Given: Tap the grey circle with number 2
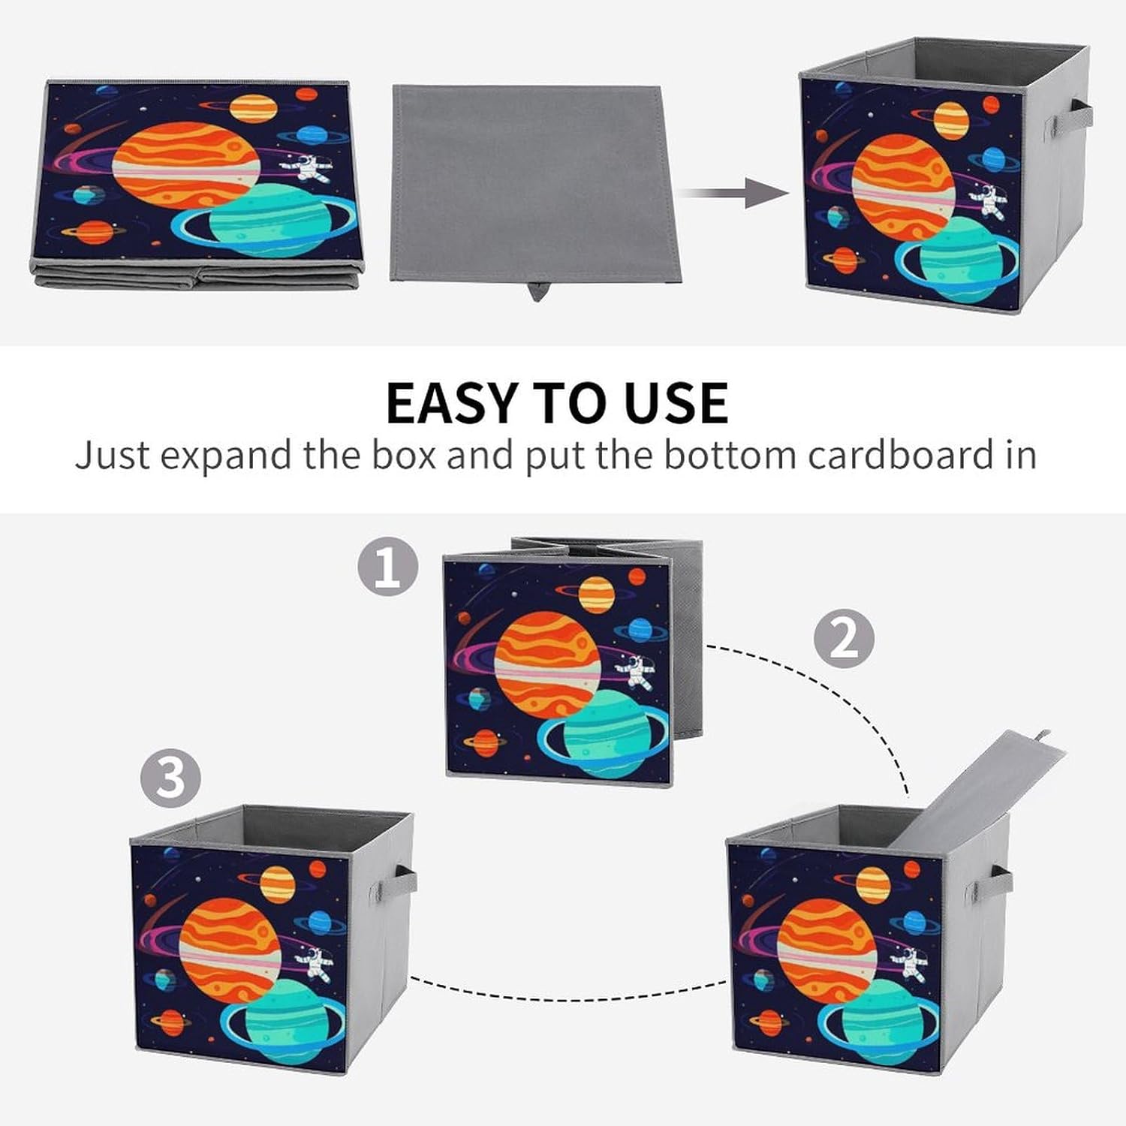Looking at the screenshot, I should click(844, 639).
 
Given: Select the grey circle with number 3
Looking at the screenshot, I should click(170, 777).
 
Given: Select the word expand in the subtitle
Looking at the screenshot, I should click(225, 456).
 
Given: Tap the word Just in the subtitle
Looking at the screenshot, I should click(113, 455).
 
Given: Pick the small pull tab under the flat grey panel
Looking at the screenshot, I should click(536, 290).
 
